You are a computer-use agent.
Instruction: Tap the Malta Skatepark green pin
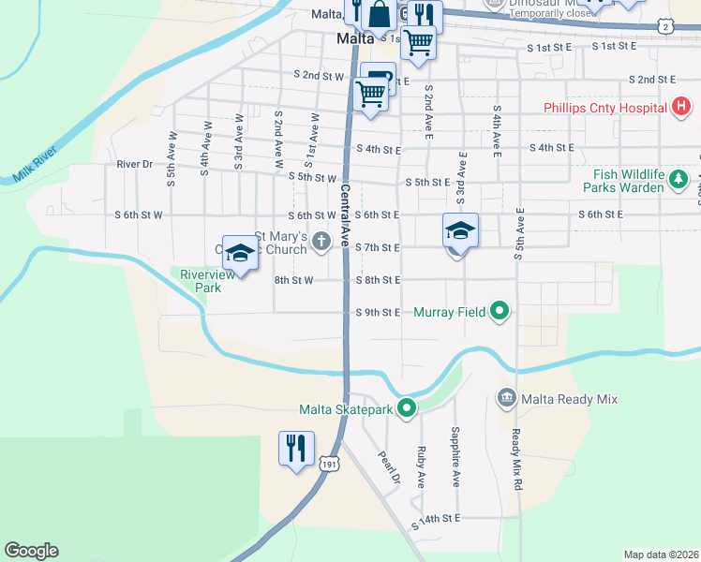pyautogui.click(x=407, y=408)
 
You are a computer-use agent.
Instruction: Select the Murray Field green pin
pyautogui.click(x=500, y=312)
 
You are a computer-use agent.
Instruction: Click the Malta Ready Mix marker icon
pyautogui.click(x=507, y=399)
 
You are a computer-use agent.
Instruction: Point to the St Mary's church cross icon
pyautogui.click(x=321, y=243)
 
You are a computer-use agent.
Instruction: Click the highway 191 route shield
pyautogui.click(x=328, y=464)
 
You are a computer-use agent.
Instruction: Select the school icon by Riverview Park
pyautogui.click(x=240, y=253)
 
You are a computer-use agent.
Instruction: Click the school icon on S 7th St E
pyautogui.click(x=460, y=230)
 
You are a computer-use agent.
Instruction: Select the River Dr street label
pyautogui.click(x=134, y=164)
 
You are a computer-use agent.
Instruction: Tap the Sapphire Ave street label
pyautogui.click(x=455, y=456)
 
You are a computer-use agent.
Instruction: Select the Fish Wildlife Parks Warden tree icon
pyautogui.click(x=699, y=175)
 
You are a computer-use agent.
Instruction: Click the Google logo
pyautogui.click(x=31, y=551)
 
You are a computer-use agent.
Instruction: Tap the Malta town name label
pyautogui.click(x=356, y=39)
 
